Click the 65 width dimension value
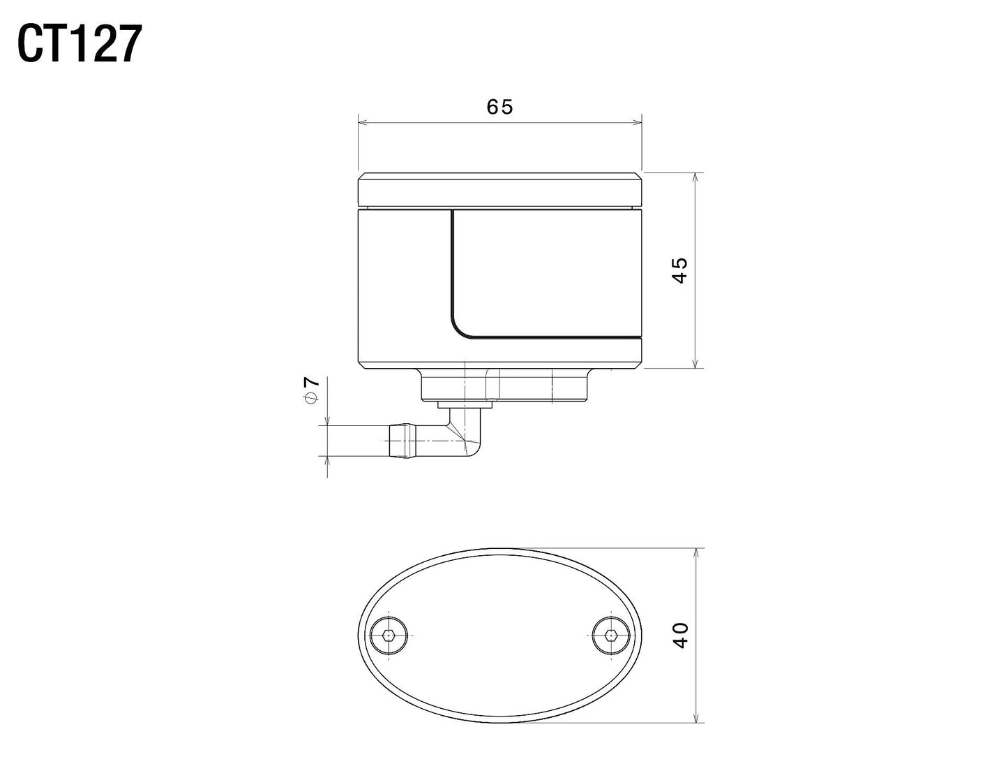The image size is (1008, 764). click(x=499, y=107)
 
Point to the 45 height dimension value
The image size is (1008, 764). click(x=680, y=270)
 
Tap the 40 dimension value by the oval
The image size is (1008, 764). click(x=681, y=635)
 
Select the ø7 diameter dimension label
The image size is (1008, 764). click(x=311, y=389)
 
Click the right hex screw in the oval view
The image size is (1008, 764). click(x=610, y=636)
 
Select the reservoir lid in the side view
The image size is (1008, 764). click(x=499, y=191)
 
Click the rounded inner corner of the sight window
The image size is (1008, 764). click(x=460, y=328)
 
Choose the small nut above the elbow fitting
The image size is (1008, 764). click(x=465, y=404)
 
